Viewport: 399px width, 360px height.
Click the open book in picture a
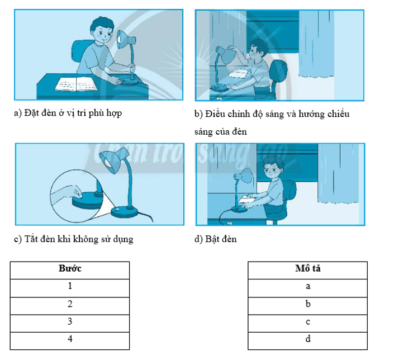point(76,83)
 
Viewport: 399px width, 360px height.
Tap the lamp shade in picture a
point(125,39)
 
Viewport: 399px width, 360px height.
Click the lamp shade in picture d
point(244,176)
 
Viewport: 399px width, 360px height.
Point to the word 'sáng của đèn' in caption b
point(221,132)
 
